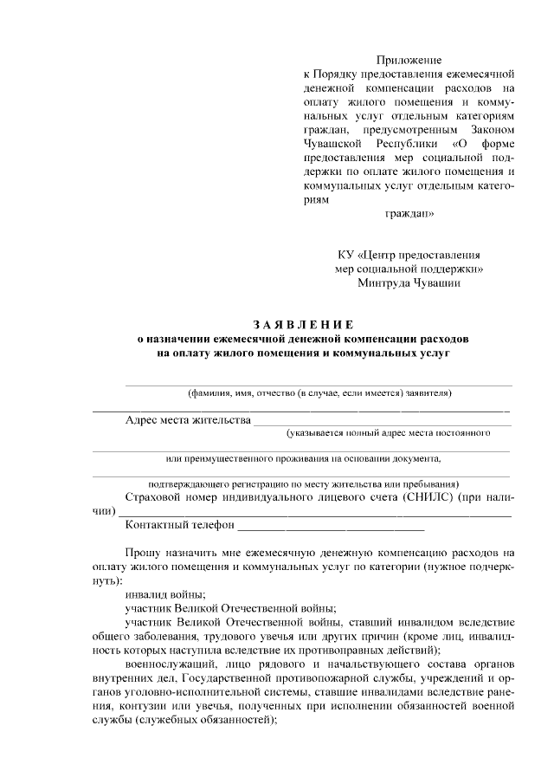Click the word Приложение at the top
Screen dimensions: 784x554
pos(409,61)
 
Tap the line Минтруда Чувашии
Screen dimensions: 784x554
pos(409,282)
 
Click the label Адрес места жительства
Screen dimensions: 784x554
pos(187,420)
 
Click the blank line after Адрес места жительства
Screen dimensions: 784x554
pos(381,423)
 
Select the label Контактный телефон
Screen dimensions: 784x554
pos(180,524)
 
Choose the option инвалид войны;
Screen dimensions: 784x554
pos(164,593)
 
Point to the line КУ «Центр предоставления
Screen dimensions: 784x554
pos(409,255)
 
